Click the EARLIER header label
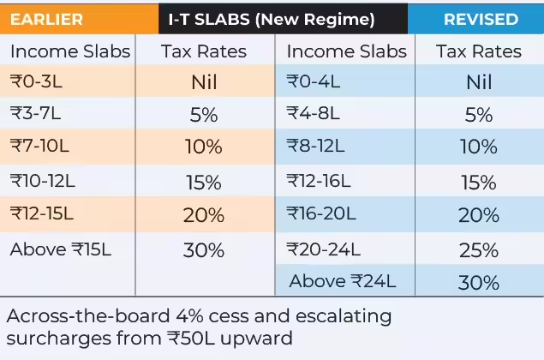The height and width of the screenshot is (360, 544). pyautogui.click(x=46, y=18)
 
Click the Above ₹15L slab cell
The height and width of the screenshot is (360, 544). pyautogui.click(x=62, y=249)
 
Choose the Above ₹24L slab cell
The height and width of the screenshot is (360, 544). pyautogui.click(x=340, y=281)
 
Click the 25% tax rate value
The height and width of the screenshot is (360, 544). pyautogui.click(x=479, y=249)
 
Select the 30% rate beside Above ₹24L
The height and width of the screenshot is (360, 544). pyautogui.click(x=479, y=281)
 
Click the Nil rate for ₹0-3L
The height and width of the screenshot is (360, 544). pyautogui.click(x=204, y=82)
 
